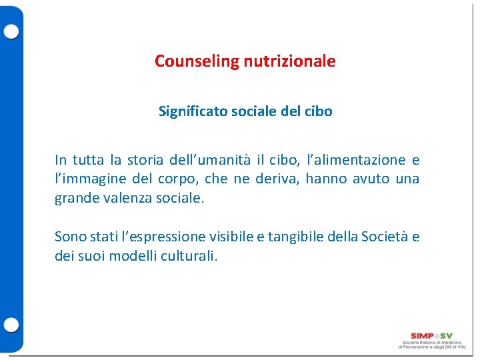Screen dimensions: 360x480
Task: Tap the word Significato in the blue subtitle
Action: pos(192,111)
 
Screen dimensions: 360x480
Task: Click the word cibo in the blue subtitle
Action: pos(317,111)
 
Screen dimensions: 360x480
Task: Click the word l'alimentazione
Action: pos(360,160)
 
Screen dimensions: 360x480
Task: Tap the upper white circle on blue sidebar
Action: pos(11,31)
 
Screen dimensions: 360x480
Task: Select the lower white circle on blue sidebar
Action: pos(11,325)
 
